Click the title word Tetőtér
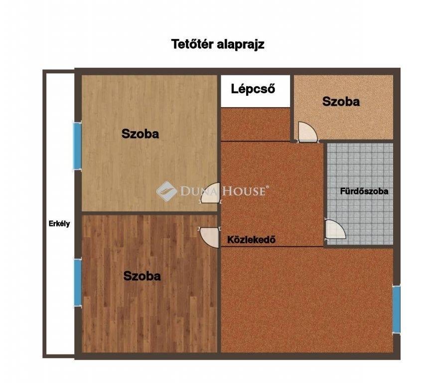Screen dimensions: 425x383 click(x=193, y=44)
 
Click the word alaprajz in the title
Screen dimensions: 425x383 click(x=241, y=45)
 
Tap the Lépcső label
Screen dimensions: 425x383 click(x=253, y=89)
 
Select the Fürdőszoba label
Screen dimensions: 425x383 click(x=364, y=191)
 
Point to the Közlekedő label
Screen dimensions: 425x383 click(x=251, y=240)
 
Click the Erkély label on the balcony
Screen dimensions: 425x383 click(x=59, y=224)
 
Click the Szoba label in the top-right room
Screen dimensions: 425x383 click(x=341, y=101)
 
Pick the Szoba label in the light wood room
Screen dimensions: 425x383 click(x=140, y=134)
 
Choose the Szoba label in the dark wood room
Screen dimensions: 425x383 click(x=142, y=276)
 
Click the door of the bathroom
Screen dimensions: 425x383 click(x=335, y=229)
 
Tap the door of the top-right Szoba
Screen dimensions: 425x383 click(x=307, y=132)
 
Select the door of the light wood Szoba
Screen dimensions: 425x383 click(x=210, y=193)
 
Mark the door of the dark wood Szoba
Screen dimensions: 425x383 click(x=209, y=237)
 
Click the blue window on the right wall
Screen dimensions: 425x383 click(x=396, y=309)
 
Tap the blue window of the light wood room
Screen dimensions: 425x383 click(x=78, y=146)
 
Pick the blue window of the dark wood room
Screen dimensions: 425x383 click(x=78, y=282)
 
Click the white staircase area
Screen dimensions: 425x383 click(x=255, y=91)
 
